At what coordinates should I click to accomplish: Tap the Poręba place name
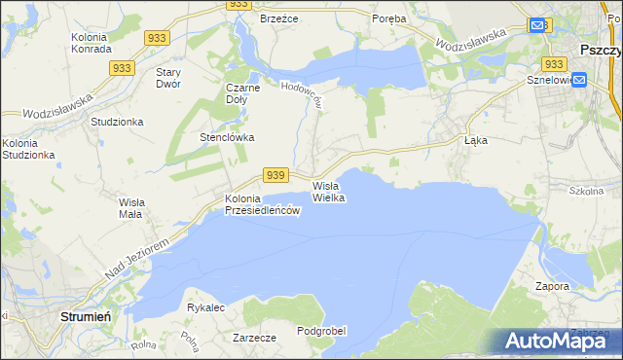tap(390, 18)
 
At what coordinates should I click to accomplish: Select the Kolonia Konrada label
tap(95, 44)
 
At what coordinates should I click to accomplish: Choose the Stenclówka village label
tap(227, 137)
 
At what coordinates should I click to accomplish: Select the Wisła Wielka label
tap(329, 191)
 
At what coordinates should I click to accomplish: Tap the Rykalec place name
tap(205, 307)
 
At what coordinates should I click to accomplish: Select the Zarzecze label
tap(255, 338)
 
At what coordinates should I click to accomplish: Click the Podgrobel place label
tap(321, 331)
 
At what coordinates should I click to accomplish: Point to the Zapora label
tap(552, 287)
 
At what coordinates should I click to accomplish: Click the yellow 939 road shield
tap(275, 175)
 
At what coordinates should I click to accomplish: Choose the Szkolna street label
tap(586, 192)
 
